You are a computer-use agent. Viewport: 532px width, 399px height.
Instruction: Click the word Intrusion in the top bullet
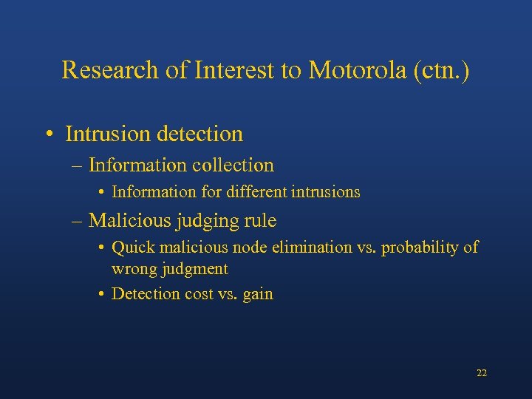(105, 134)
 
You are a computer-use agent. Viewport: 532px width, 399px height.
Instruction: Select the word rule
(262, 220)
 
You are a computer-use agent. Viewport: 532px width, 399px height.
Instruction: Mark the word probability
(417, 248)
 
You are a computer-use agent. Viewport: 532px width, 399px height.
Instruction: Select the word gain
(258, 294)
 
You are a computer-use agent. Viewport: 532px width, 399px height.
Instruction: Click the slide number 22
(482, 373)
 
